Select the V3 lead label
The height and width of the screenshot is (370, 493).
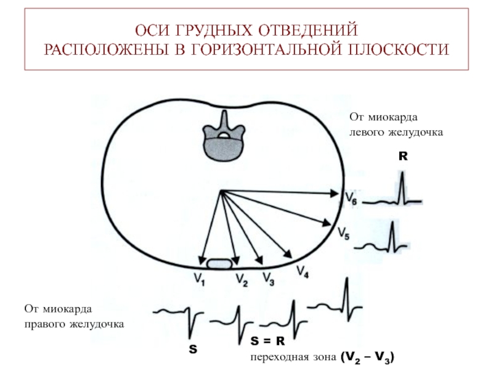pyautogui.click(x=269, y=279)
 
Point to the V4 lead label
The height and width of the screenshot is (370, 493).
pyautogui.click(x=303, y=271)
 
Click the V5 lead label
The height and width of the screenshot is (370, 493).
pyautogui.click(x=344, y=234)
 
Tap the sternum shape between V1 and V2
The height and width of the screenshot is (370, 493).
pyautogui.click(x=219, y=264)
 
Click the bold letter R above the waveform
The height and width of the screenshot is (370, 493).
pyautogui.click(x=402, y=157)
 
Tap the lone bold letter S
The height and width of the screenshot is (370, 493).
pyautogui.click(x=193, y=350)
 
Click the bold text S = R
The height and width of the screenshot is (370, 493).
pyautogui.click(x=267, y=340)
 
